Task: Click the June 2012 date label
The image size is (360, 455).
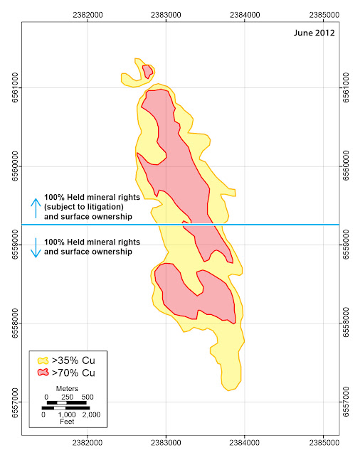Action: (314, 33)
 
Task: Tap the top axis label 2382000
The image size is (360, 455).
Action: (88, 15)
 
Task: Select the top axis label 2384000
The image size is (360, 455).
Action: (245, 15)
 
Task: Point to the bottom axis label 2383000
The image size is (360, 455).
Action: (166, 443)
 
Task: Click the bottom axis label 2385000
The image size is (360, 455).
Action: (324, 443)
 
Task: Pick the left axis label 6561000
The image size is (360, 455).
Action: (15, 87)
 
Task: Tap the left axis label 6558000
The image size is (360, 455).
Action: (15, 323)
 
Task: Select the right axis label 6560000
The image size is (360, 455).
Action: (346, 166)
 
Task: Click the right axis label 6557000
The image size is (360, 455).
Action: (346, 402)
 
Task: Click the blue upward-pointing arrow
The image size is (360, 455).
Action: (36, 208)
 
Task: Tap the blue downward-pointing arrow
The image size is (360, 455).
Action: (36, 248)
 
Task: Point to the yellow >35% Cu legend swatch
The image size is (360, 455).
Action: (43, 360)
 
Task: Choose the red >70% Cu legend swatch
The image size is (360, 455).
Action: (43, 373)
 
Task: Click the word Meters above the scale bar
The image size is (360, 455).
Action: (67, 389)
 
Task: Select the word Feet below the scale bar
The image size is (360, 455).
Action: (67, 422)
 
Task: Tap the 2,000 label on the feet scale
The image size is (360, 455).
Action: (91, 414)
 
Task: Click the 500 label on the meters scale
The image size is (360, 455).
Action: (88, 397)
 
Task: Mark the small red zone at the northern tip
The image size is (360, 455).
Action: (147, 71)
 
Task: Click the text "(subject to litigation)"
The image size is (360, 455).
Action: (84, 207)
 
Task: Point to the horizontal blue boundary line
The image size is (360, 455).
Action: (181, 225)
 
